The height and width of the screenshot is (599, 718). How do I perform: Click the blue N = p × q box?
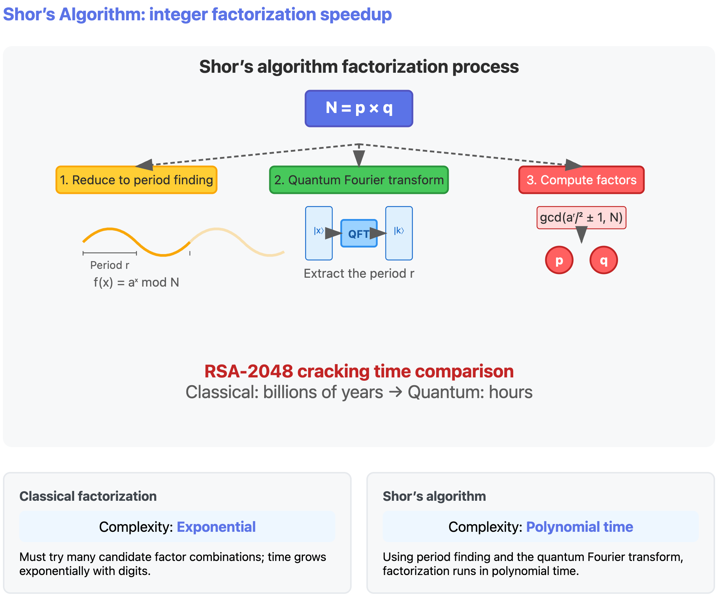tap(359, 109)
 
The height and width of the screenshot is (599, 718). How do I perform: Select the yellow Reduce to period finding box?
tap(136, 180)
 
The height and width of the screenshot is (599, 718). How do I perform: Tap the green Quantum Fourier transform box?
tap(359, 180)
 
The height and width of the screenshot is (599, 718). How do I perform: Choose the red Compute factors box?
tap(581, 180)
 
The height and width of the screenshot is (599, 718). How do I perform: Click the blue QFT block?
tap(359, 233)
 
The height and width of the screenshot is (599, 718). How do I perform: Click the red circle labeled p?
tap(559, 260)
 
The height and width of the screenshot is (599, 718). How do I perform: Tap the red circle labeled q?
tap(604, 260)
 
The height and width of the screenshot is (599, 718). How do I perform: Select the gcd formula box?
tap(581, 218)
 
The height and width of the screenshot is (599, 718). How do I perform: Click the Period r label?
tap(110, 265)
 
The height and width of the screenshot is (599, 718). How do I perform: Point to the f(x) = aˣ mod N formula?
tap(136, 283)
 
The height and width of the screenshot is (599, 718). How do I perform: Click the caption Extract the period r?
tap(359, 274)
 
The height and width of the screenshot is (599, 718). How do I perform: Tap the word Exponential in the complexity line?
tap(216, 527)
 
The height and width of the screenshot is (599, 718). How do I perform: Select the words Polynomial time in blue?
tap(579, 527)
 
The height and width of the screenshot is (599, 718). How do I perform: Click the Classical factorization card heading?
tap(88, 496)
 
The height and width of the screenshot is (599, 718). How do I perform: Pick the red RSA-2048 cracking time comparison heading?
tap(359, 372)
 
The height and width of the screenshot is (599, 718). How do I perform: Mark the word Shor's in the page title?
tap(29, 15)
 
